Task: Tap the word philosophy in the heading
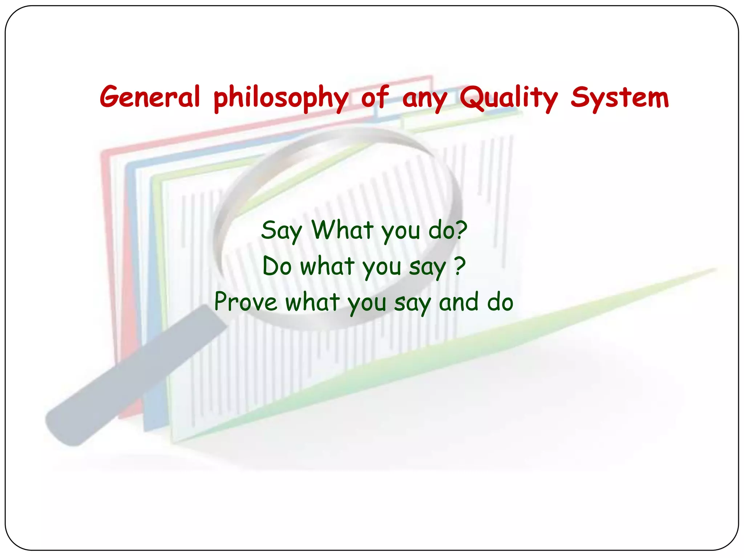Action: coord(281,98)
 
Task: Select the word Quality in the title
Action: coord(508,98)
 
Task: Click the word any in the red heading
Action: coord(424,99)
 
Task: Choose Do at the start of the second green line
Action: coord(277,266)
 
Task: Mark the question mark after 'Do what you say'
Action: coord(460,266)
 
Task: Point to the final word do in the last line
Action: coord(500,302)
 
